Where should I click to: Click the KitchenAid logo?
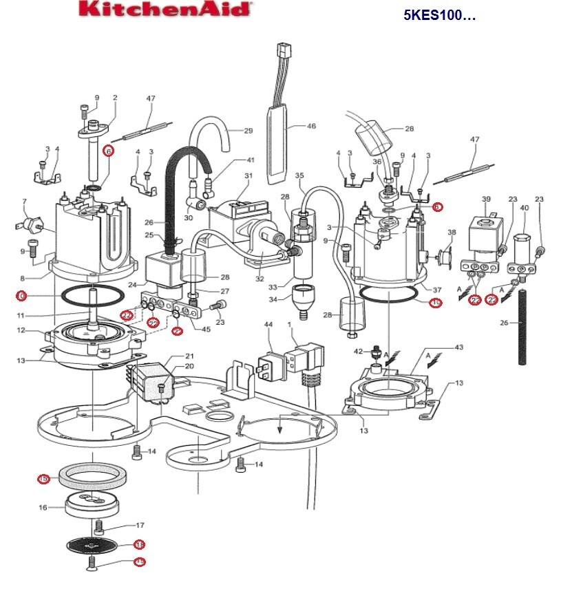pos(165,10)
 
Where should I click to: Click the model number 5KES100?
pos(439,15)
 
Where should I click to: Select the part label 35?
pos(299,176)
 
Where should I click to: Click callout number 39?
pos(486,200)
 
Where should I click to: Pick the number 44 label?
pos(267,324)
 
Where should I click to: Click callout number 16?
pos(43,507)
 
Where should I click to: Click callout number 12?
pos(21,330)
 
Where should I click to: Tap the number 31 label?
pos(248,175)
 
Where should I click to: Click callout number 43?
pos(459,347)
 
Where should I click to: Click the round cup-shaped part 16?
pos(86,507)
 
